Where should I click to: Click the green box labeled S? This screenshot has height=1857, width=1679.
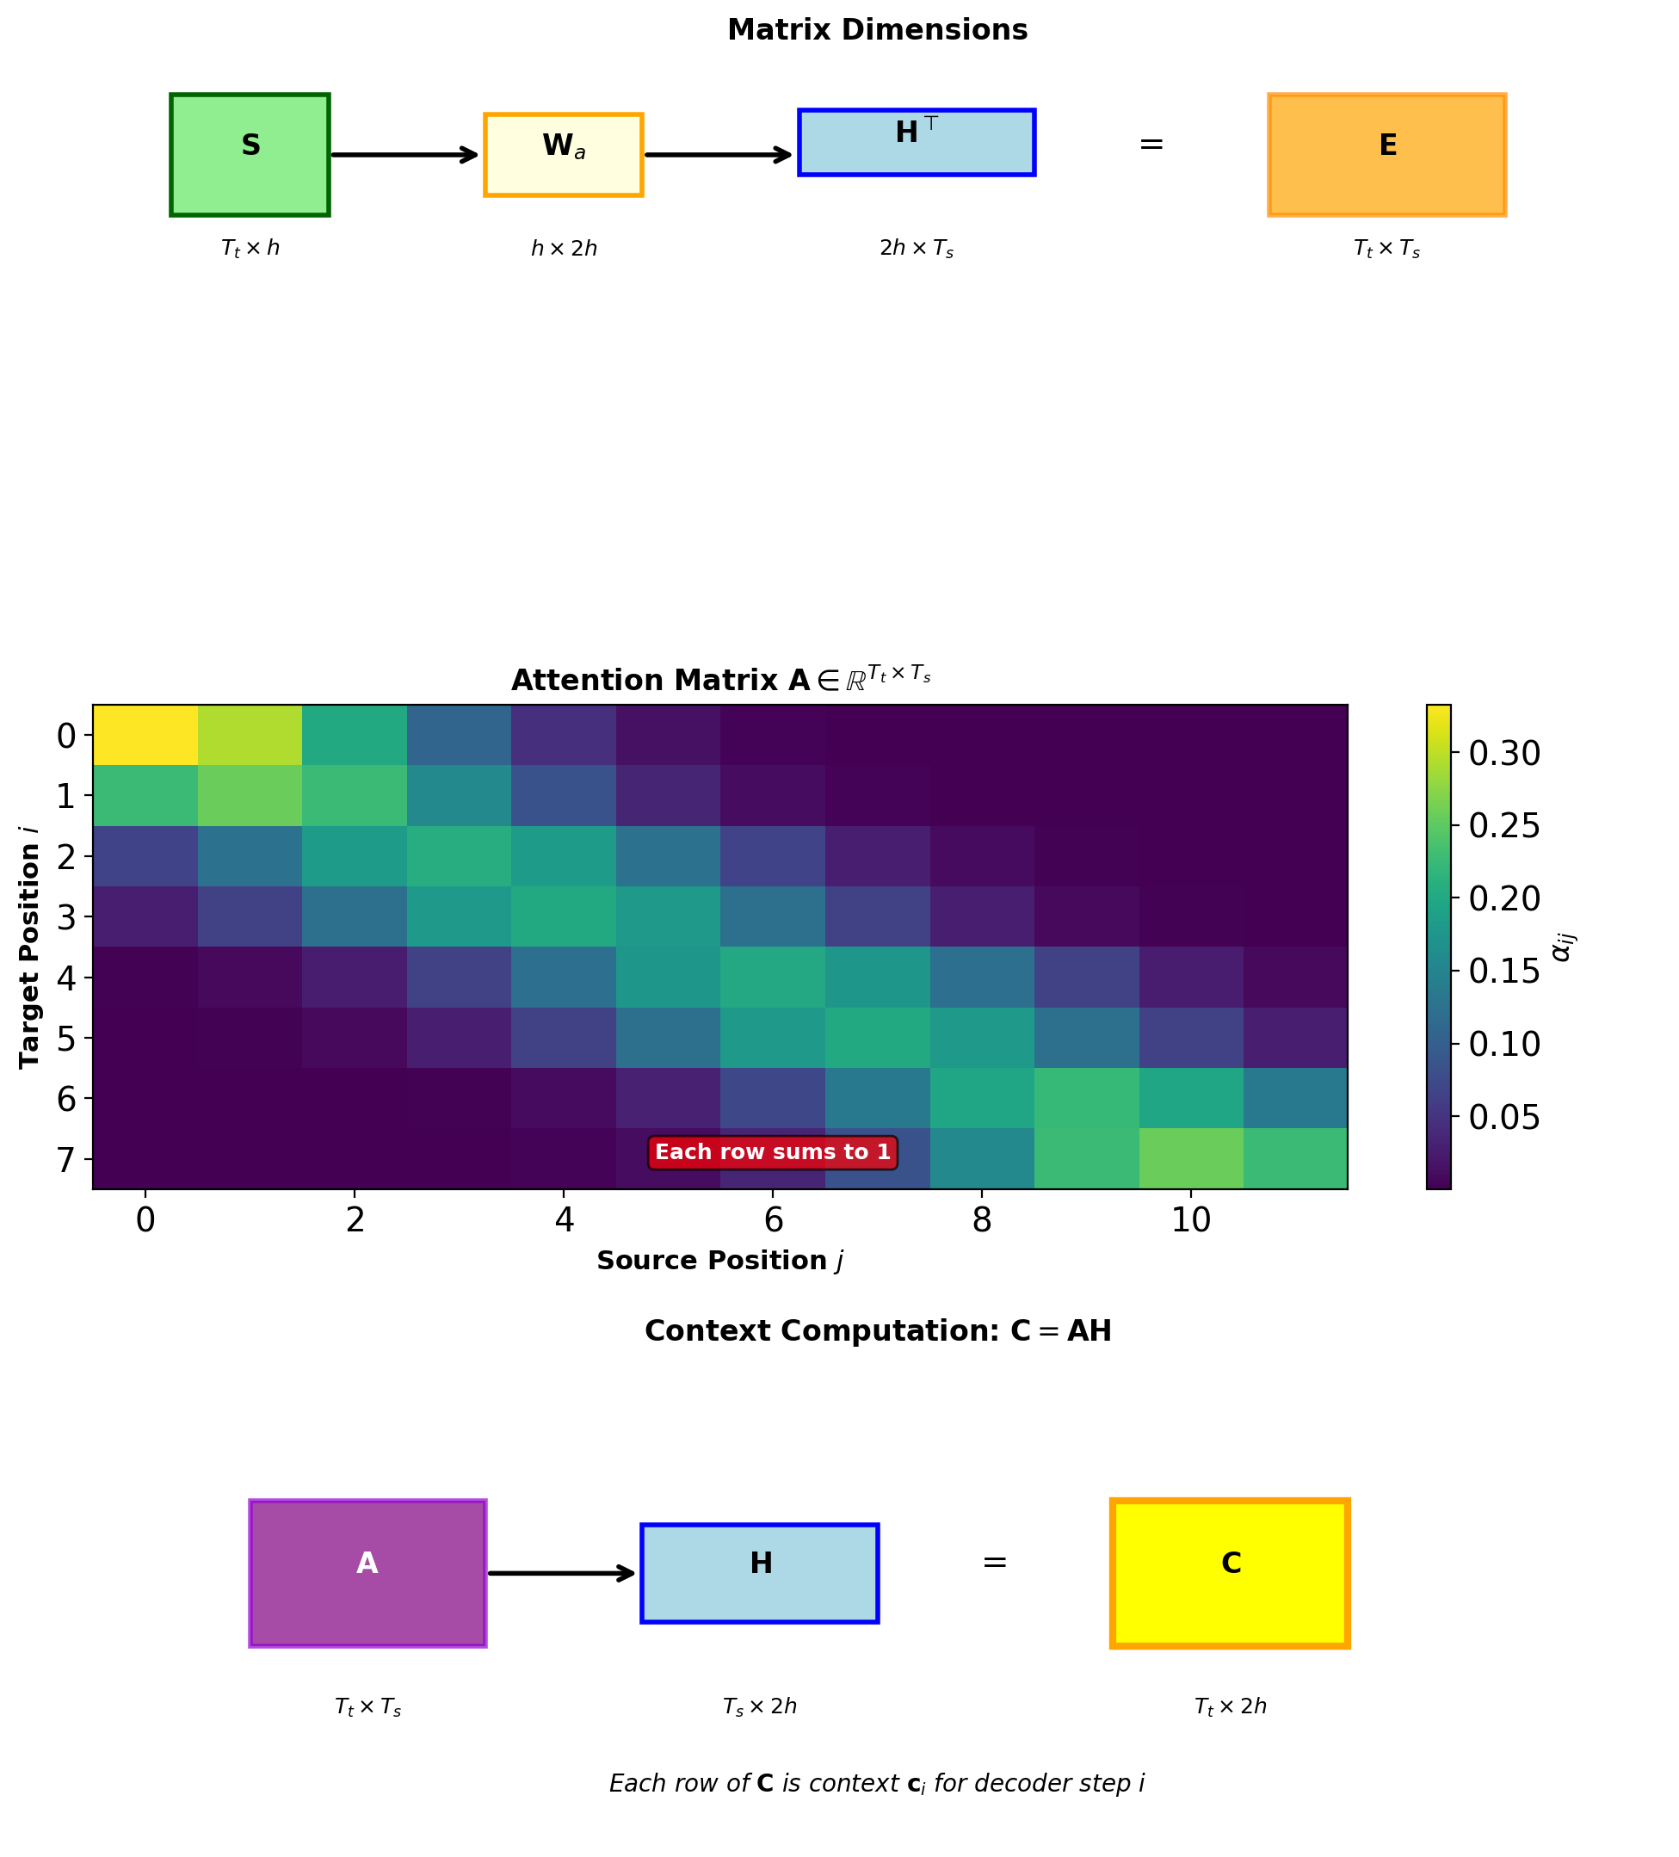click(250, 155)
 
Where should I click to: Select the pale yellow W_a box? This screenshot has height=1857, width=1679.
click(563, 155)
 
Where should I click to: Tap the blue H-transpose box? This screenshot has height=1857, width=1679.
click(916, 143)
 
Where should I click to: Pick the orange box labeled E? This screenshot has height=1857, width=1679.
click(1386, 155)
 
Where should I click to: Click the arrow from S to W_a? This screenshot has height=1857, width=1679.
click(404, 155)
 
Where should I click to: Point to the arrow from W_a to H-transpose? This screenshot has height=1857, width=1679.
click(719, 155)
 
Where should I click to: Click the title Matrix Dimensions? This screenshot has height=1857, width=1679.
click(877, 30)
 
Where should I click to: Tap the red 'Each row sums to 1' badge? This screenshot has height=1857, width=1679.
click(772, 1152)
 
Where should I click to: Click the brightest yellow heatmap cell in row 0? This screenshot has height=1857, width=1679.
click(145, 735)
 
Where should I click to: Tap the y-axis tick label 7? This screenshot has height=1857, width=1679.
click(66, 1159)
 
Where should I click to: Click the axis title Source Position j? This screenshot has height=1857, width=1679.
click(720, 1261)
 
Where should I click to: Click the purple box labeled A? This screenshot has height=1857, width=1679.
click(367, 1573)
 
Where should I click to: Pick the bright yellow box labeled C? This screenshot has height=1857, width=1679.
click(1230, 1573)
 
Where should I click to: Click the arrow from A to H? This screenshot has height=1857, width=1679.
click(561, 1573)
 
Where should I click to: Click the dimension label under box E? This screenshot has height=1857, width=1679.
click(1386, 249)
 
